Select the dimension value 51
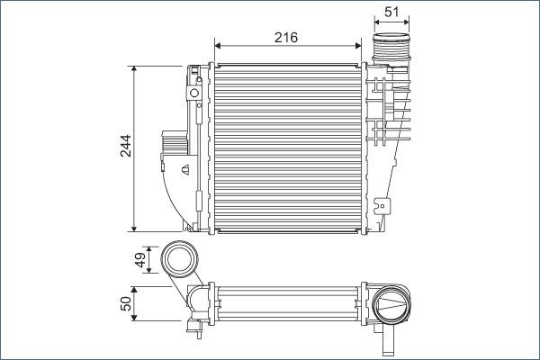click(x=391, y=12)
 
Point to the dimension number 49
click(x=139, y=260)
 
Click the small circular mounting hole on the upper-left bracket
click(x=193, y=94)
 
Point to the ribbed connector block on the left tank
click(x=173, y=143)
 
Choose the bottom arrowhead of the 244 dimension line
click(x=134, y=227)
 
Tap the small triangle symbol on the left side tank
click(x=184, y=167)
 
